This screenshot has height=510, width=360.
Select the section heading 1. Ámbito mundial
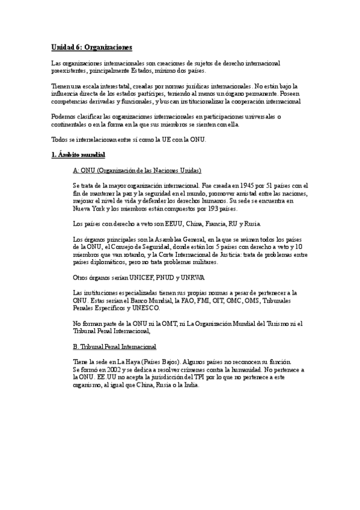pos(78,155)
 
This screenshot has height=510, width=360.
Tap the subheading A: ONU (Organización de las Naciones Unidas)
pos(136,170)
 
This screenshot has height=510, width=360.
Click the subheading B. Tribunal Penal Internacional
pos(114,347)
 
